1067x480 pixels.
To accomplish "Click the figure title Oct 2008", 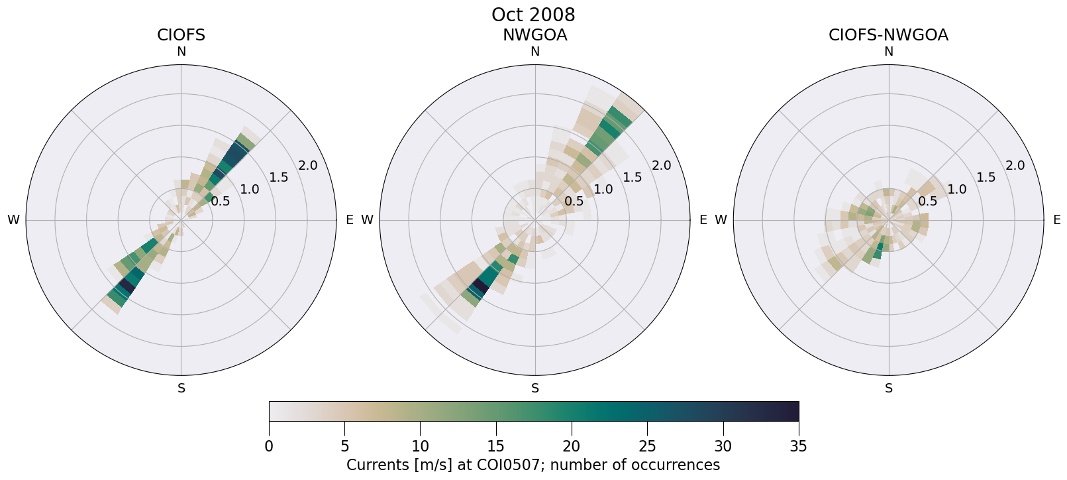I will pos(533,15).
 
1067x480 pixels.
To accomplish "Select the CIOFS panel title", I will pos(181,35).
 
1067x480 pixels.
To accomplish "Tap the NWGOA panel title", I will pos(534,35).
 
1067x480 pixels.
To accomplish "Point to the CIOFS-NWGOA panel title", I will pos(888,35).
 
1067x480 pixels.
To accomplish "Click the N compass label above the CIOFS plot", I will pos(181,52).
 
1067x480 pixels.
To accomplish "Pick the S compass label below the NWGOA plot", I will pos(535,389).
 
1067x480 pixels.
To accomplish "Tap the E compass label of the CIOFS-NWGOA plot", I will pos(1056,220).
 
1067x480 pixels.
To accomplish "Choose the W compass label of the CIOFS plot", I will pos(13,220).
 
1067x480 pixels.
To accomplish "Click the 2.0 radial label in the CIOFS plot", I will pos(308,166).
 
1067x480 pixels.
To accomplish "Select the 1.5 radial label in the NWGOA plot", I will pos(633,177).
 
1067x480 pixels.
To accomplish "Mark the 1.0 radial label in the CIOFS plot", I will pos(250,190).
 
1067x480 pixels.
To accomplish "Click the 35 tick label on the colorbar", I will pos(799,446).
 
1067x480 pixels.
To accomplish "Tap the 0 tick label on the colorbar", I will pos(269,446).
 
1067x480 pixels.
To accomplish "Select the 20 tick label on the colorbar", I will pos(572,446).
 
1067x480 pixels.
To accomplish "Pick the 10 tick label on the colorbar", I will pos(420,446).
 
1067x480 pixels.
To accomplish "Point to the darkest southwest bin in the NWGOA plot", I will pos(478,288).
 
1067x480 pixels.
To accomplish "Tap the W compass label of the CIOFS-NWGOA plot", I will pos(721,220).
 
